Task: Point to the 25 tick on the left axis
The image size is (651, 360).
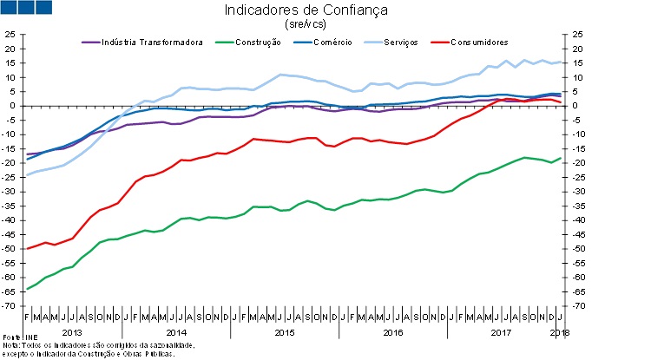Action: click(10, 35)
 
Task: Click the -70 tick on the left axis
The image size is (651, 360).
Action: click(9, 306)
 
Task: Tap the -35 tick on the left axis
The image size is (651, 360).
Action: click(9, 206)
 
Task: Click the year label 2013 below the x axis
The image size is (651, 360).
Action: click(74, 333)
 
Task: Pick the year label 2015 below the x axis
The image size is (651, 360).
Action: click(285, 333)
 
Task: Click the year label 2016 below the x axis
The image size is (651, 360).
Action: click(392, 333)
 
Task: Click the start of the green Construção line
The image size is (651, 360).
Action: click(27, 289)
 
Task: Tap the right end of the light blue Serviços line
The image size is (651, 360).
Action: click(561, 62)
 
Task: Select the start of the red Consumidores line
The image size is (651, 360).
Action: click(27, 249)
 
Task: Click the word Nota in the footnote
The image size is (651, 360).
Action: click(11, 345)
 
